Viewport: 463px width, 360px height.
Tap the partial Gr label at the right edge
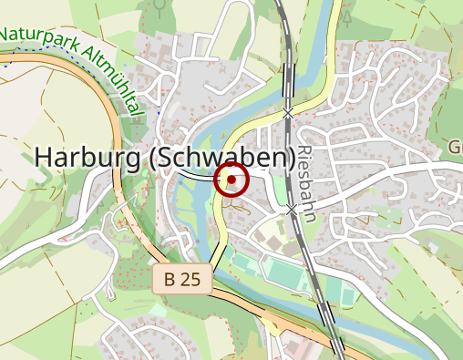(x=455, y=147)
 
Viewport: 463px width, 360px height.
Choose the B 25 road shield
(x=182, y=280)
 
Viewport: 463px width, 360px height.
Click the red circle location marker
(x=231, y=180)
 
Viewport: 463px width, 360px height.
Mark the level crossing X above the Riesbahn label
(x=289, y=113)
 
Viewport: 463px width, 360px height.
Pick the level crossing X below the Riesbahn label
(x=293, y=211)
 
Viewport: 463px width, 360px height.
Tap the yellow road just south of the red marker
(x=220, y=219)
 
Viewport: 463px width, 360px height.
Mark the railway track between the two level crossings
(x=291, y=164)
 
